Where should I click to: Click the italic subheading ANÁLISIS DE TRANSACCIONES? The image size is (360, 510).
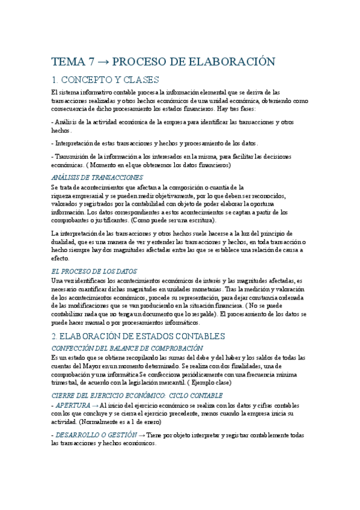pos(97,177)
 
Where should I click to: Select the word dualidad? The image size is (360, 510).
pos(63,241)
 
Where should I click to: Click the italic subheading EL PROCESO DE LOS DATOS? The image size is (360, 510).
pos(94,271)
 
